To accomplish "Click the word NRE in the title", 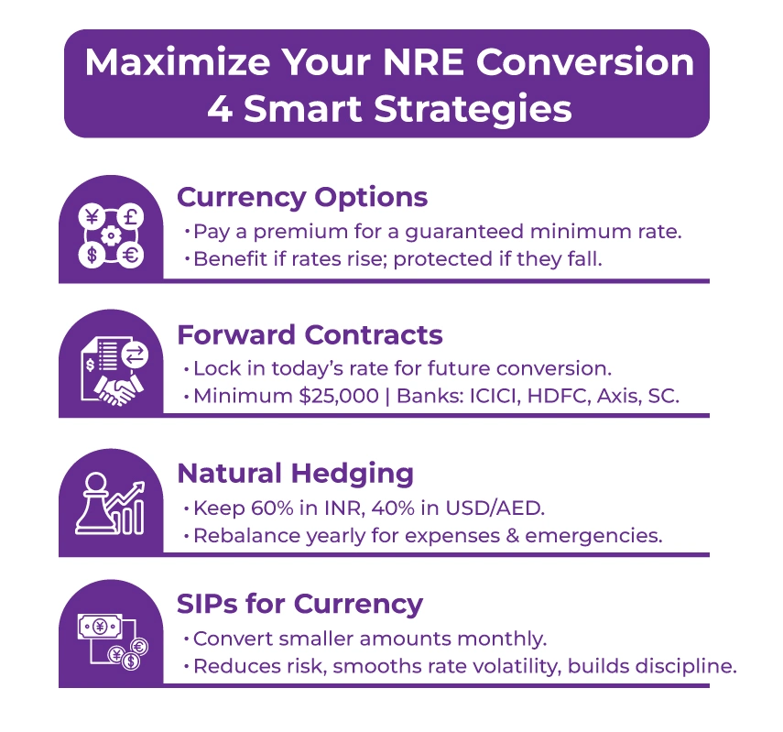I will [x=407, y=62].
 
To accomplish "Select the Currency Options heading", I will [x=302, y=197].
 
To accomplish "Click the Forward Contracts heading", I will [x=310, y=334].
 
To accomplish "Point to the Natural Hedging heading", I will [x=295, y=473].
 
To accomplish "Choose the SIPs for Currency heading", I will [x=299, y=604].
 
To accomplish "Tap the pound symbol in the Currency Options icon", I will [x=129, y=218].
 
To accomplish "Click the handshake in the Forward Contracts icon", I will [x=116, y=390].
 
